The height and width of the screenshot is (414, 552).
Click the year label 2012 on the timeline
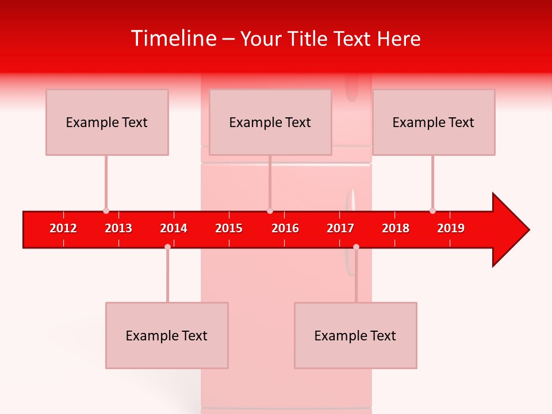tap(63, 228)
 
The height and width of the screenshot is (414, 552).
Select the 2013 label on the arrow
tap(118, 228)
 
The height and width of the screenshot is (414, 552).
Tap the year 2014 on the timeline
tap(174, 228)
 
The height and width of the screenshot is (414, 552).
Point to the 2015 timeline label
tap(229, 228)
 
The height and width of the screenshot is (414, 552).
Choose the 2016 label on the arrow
tap(285, 228)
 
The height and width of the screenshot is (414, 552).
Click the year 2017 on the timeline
tap(340, 228)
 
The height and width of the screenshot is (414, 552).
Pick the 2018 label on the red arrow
tap(396, 228)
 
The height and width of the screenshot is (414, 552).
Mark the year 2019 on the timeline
tap(451, 228)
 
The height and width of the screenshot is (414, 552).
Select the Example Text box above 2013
tap(107, 122)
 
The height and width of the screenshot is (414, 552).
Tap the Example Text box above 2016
tap(270, 122)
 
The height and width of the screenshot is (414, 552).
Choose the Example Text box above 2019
tap(434, 122)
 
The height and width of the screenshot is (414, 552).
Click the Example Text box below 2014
tap(167, 336)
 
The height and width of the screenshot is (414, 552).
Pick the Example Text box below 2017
tap(355, 336)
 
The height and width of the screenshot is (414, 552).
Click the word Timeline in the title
tap(172, 39)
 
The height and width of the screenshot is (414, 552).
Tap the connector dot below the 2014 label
tap(167, 247)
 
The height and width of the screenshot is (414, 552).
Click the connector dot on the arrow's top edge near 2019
tap(432, 211)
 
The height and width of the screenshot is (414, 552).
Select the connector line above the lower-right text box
tap(356, 276)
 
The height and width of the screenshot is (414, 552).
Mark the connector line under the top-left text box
tap(106, 183)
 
